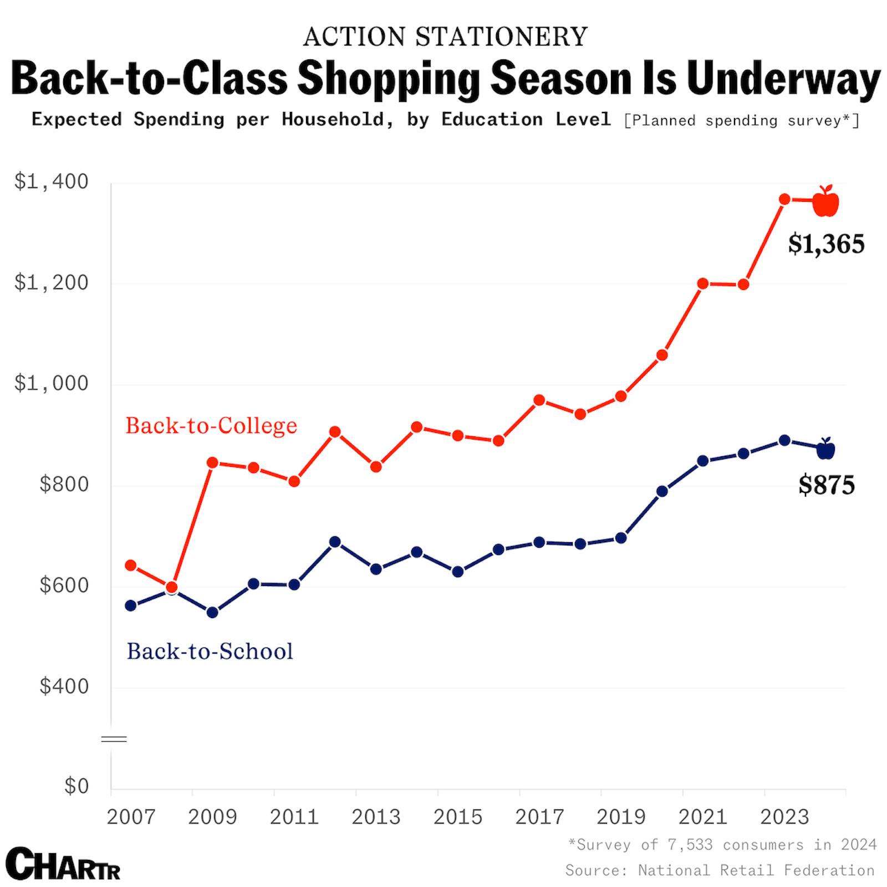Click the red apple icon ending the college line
[825, 202]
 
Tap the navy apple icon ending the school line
[825, 449]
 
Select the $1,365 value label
[826, 244]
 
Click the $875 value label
[827, 485]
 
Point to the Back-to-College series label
[211, 426]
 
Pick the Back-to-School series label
[210, 651]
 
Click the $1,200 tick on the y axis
[51, 283]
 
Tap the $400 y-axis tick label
[64, 686]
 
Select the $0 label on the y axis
[76, 786]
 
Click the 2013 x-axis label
[376, 817]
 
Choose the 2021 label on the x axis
[703, 817]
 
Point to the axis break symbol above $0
[114, 739]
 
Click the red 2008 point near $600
[171, 587]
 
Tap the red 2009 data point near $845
[212, 463]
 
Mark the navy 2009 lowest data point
[212, 613]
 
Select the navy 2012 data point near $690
[335, 542]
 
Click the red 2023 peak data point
[784, 199]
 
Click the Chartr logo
[63, 863]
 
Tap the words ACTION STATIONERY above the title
[445, 37]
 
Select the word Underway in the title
[783, 79]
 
